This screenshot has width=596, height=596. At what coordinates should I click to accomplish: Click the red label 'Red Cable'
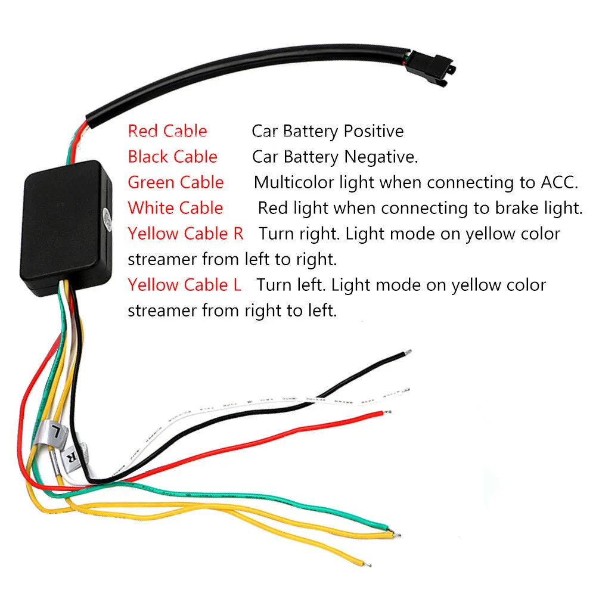(x=167, y=131)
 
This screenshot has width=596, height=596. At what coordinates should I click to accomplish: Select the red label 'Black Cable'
(x=172, y=157)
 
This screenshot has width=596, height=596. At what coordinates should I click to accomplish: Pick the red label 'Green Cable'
(x=176, y=182)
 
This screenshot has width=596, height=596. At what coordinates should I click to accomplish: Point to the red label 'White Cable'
(x=175, y=208)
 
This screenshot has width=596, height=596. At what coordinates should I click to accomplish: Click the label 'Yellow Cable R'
(x=185, y=234)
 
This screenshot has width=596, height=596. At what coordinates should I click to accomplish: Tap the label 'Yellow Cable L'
(x=184, y=285)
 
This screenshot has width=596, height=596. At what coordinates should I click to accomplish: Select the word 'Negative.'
(x=381, y=157)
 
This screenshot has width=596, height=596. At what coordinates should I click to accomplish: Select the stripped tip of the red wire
(x=389, y=412)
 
